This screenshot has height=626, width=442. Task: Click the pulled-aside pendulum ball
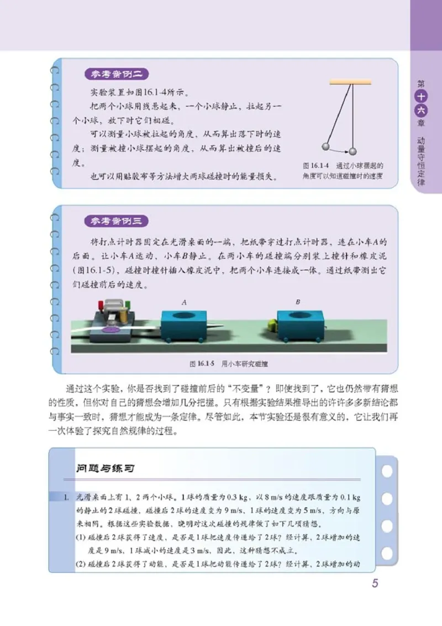coord(325,147)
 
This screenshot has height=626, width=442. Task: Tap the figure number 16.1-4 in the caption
coord(317,165)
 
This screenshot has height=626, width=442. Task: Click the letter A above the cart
coord(184,302)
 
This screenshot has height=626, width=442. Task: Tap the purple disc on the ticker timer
coord(110,330)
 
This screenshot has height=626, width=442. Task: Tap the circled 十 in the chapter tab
coord(421,97)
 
